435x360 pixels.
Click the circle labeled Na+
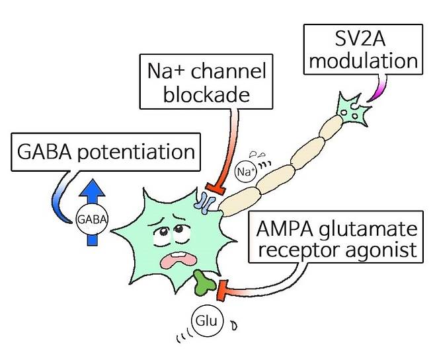coord(246,173)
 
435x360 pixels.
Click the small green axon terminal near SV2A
coord(353,109)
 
